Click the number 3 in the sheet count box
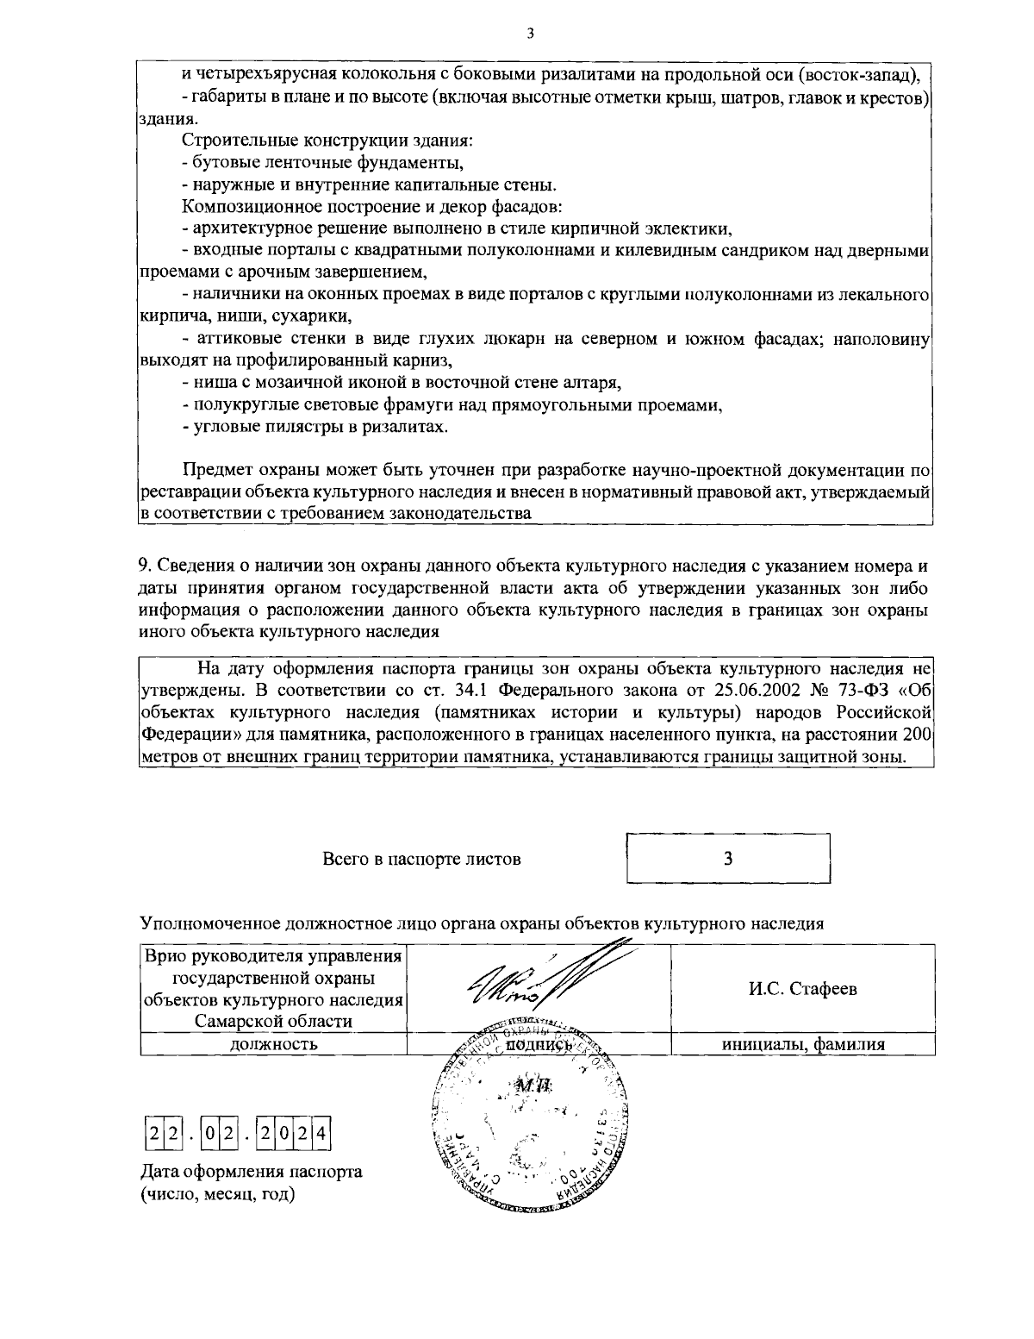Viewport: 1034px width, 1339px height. [728, 859]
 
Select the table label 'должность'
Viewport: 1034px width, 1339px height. [273, 1044]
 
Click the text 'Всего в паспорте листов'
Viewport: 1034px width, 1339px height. [421, 860]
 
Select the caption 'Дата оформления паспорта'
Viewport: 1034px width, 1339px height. [251, 1172]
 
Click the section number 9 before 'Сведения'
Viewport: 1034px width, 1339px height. [143, 566]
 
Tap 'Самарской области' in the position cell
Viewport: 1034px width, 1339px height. [273, 1022]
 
